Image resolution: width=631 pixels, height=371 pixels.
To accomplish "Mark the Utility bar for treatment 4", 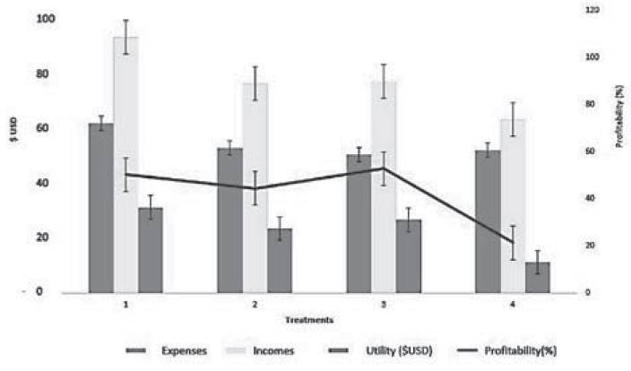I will [537, 277].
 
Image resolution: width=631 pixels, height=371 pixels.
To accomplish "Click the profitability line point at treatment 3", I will [384, 168].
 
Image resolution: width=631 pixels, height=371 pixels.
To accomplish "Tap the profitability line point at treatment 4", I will [513, 242].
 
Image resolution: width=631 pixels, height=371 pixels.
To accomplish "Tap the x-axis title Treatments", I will [309, 319].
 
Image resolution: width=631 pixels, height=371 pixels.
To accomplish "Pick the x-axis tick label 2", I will [255, 305].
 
